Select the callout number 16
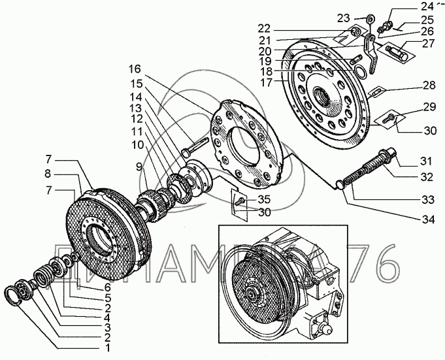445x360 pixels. point(134,68)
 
